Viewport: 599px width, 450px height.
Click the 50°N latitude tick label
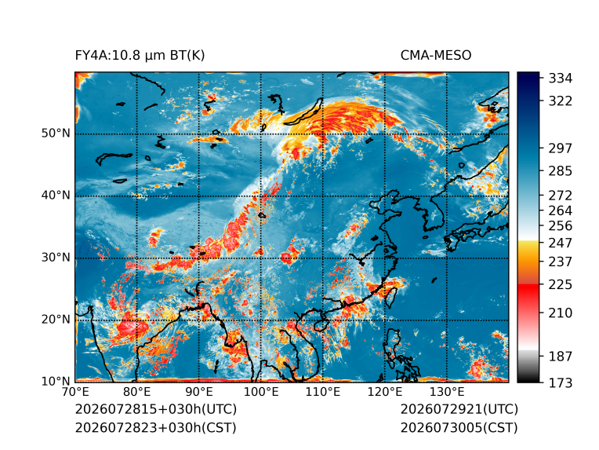[x=56, y=134]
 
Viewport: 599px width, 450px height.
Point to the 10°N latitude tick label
[x=56, y=381]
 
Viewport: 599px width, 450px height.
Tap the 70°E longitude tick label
[x=75, y=392]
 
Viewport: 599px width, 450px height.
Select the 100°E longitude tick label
[x=261, y=392]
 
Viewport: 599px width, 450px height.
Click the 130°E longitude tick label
[x=447, y=392]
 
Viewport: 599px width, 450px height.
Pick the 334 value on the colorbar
[x=561, y=79]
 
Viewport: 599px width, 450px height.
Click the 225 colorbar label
[x=561, y=285]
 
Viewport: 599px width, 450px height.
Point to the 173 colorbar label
[x=561, y=382]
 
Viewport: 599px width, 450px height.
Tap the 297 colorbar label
[x=561, y=148]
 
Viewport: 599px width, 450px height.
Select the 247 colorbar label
[x=561, y=243]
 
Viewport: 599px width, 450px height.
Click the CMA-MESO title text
[x=436, y=56]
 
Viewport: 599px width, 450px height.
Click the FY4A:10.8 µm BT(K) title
[x=140, y=56]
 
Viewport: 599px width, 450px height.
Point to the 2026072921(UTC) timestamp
[x=459, y=409]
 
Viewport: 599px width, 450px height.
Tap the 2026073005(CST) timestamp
[x=459, y=428]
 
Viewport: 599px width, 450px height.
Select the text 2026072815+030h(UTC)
[x=156, y=409]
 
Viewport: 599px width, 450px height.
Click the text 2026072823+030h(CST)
[x=156, y=428]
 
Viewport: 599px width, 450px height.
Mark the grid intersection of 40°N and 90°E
[x=199, y=196]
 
